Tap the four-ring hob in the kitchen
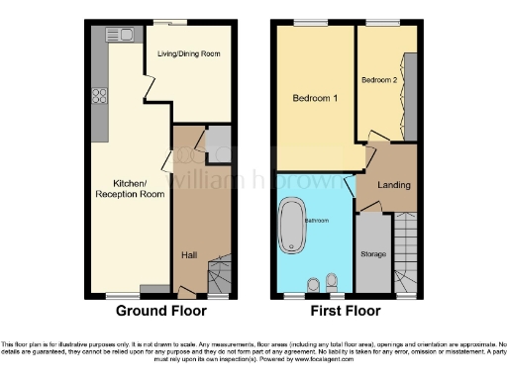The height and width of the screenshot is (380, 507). point(100,96)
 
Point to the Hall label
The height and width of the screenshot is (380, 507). point(188,255)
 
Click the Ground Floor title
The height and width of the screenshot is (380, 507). point(161,311)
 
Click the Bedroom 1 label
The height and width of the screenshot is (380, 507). point(314,99)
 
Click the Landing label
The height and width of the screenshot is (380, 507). point(393,185)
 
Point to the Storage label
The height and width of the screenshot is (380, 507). point(373,253)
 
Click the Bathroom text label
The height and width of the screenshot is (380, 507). point(317,220)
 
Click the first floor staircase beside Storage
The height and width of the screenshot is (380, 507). point(406,253)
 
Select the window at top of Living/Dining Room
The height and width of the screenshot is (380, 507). point(180,22)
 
